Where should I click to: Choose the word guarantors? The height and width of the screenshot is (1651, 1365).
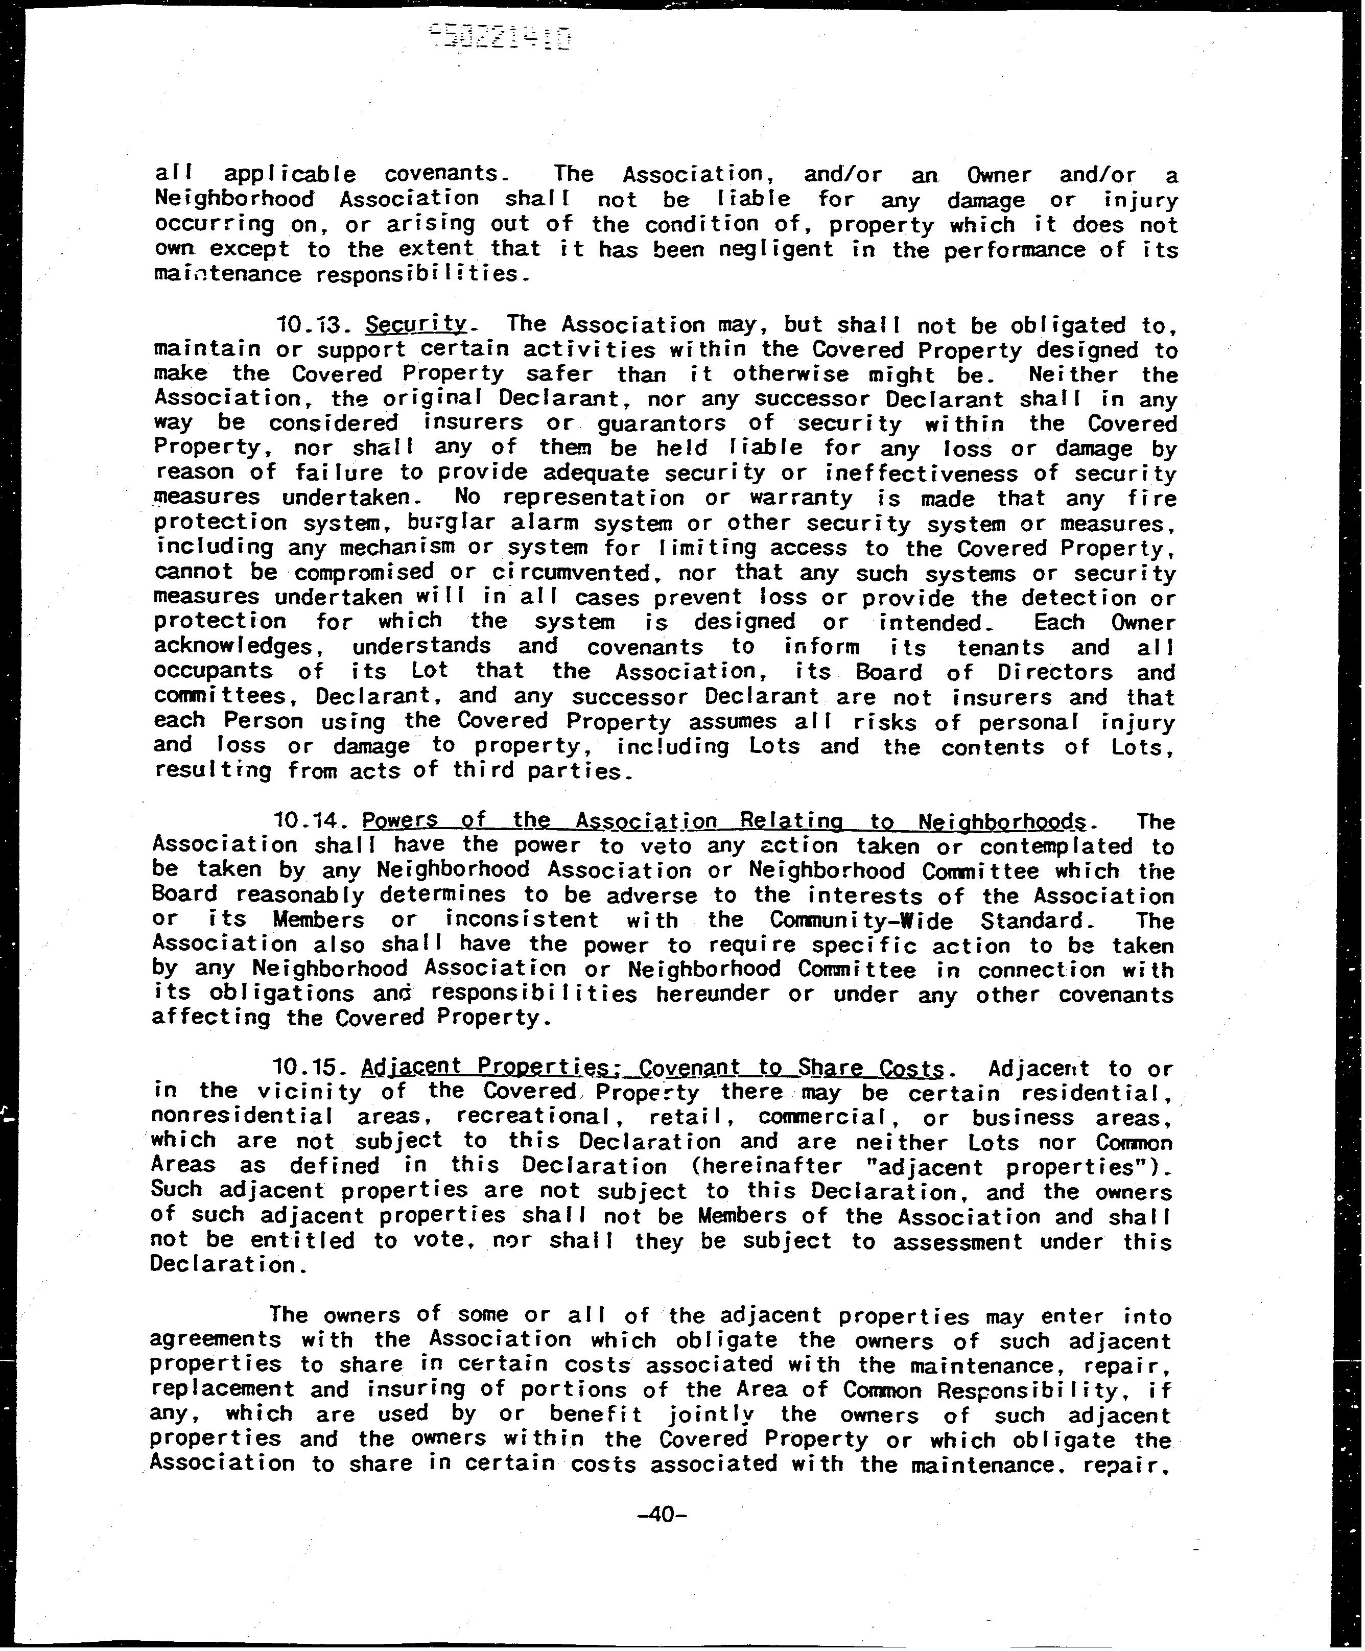click(x=662, y=424)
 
